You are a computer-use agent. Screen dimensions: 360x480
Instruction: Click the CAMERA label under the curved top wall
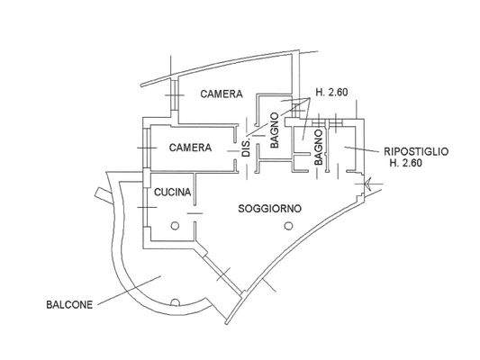point(221,94)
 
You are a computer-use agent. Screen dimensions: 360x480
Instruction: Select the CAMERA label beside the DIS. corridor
point(190,148)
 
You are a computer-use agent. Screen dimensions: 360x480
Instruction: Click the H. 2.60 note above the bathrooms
point(331,91)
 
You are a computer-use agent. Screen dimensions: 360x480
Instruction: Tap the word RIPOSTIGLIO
point(416,150)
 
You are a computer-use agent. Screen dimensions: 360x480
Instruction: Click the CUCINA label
point(171,193)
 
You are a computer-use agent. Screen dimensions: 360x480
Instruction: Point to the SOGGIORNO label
point(269,209)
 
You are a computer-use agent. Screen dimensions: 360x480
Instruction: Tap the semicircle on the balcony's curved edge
point(177,301)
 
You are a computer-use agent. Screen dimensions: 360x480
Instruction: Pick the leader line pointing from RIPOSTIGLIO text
point(363,147)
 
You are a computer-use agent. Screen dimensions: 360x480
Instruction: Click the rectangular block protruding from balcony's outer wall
point(97,193)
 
